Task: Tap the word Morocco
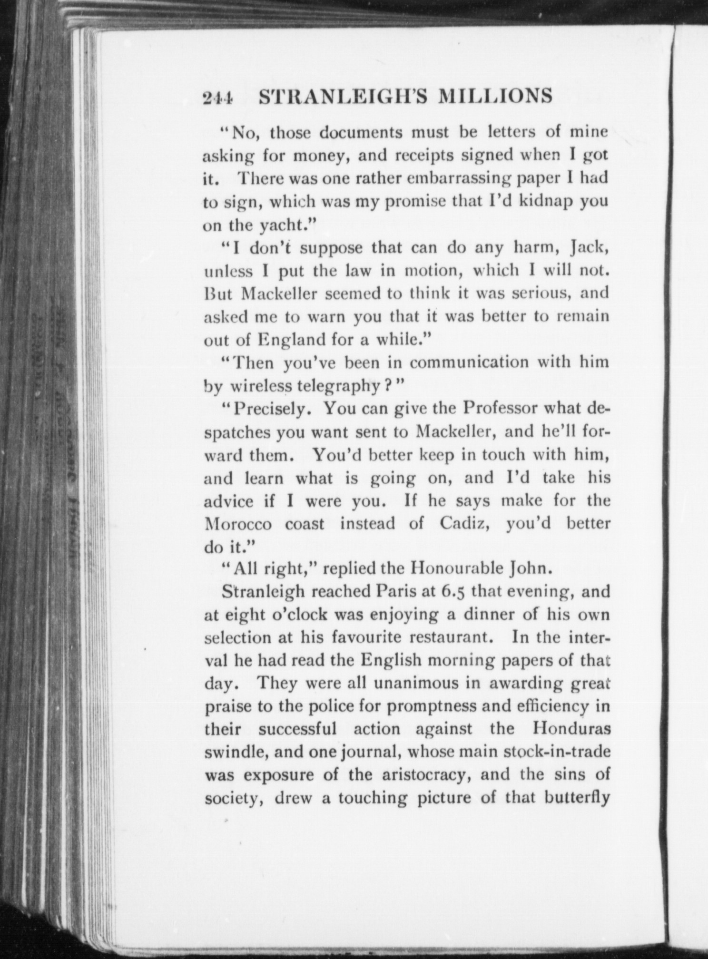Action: (238, 524)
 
